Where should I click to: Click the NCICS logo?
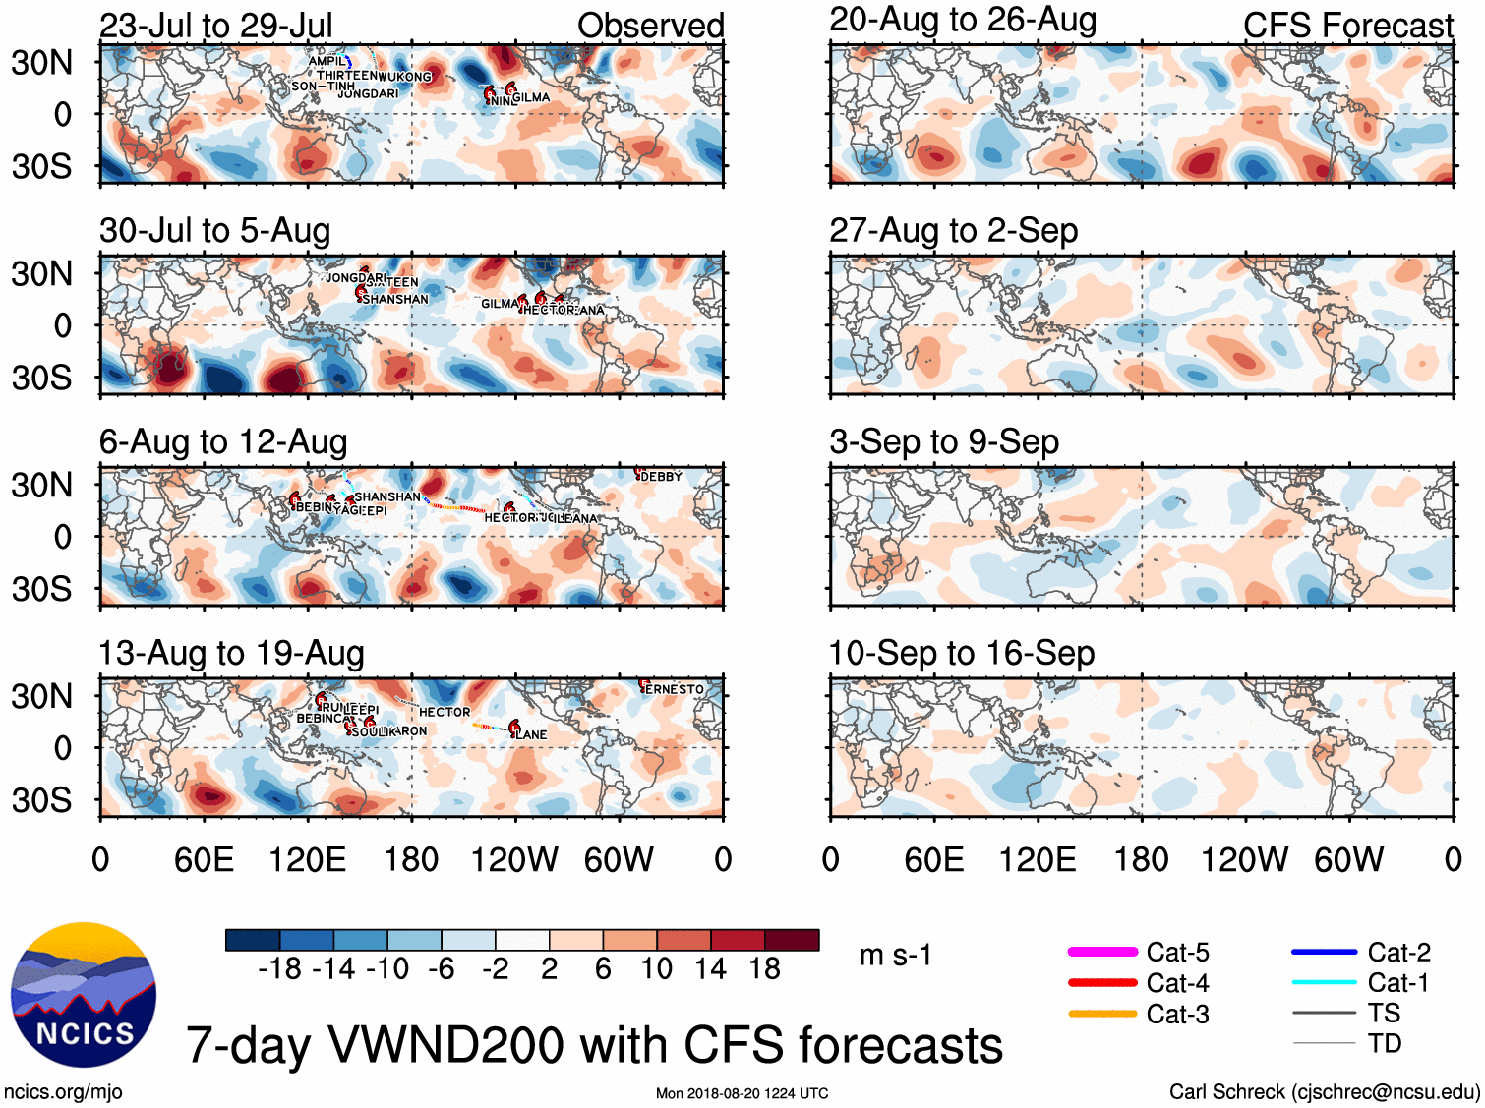pos(84,994)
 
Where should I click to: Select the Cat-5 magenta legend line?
pos(1102,952)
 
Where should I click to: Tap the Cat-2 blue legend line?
pos(1324,952)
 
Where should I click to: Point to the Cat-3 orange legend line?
pos(1102,1014)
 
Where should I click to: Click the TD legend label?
pos(1384,1043)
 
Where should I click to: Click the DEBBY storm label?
pos(661,477)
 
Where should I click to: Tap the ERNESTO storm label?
pos(675,689)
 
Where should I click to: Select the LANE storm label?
pos(532,734)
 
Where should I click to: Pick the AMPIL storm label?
pos(327,61)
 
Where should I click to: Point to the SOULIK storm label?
pos(371,731)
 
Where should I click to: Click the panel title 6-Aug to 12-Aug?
pos(223,442)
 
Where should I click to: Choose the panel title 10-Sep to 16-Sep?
pos(961,653)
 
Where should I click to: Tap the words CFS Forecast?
pos(1347,26)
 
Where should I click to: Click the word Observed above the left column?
pos(650,26)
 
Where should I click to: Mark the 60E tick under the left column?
pos(204,860)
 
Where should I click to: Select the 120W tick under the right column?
pos(1244,860)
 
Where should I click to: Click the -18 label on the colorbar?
pos(280,969)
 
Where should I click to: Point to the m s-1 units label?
pos(895,955)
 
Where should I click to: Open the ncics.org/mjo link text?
pos(63,1091)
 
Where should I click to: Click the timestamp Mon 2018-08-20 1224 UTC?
pos(742,1093)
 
